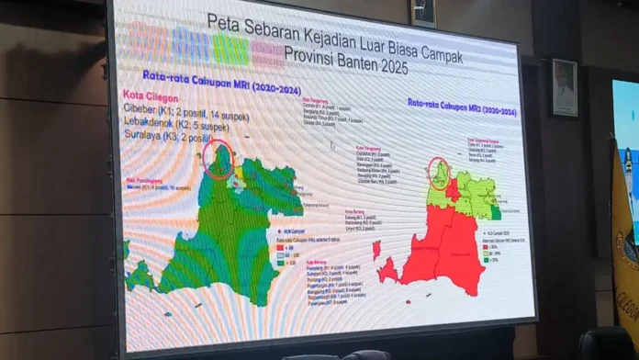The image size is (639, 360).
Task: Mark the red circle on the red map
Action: pos(441,173)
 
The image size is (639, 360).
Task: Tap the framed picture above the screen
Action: pos(423,12)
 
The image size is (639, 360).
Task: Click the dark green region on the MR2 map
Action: pos(496,212)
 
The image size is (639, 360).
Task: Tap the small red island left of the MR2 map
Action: pos(376,249)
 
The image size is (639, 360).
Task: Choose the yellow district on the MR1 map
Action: pos(240,172)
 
